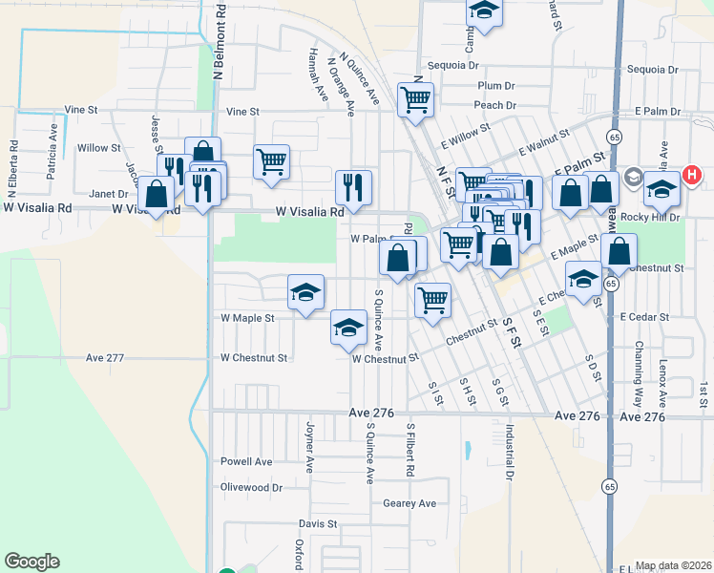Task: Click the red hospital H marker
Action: coord(692,176)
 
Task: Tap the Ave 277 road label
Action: coord(105,358)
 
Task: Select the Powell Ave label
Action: coord(246,461)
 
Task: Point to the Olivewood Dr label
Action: coord(252,487)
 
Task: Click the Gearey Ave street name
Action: coord(409,503)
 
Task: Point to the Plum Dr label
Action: coord(497,86)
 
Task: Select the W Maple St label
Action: coord(247,318)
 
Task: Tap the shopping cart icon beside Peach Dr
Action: coord(416,99)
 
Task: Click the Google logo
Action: coord(31,562)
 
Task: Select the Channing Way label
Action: coord(637,362)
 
